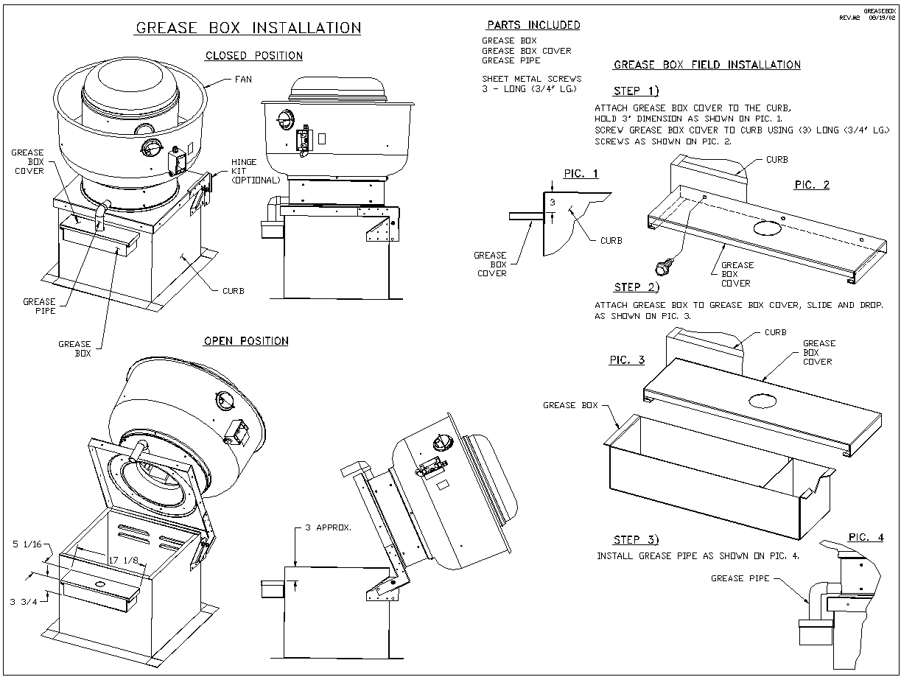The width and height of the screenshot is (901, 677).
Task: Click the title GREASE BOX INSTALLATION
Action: (x=248, y=28)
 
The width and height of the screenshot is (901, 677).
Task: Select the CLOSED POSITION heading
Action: (x=253, y=56)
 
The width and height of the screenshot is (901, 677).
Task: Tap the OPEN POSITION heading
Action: (x=245, y=341)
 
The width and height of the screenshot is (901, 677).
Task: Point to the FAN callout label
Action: (x=242, y=79)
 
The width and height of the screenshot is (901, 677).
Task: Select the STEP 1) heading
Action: (x=638, y=91)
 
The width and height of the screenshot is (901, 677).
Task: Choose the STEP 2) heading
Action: (x=637, y=287)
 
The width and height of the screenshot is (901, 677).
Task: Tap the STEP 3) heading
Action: (x=637, y=539)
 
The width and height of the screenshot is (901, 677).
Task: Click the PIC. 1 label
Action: (x=581, y=174)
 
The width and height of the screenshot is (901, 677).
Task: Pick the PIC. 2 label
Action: (x=811, y=185)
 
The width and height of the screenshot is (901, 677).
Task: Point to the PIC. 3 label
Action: (x=627, y=360)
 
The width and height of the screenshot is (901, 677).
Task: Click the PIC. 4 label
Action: (x=865, y=538)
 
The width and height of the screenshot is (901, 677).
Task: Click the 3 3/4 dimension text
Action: (x=24, y=602)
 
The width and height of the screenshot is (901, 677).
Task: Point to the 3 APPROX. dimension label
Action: (x=328, y=528)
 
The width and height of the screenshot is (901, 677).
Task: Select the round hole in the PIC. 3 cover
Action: (x=762, y=401)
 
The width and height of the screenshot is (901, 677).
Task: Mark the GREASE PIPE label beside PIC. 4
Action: (x=740, y=578)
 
